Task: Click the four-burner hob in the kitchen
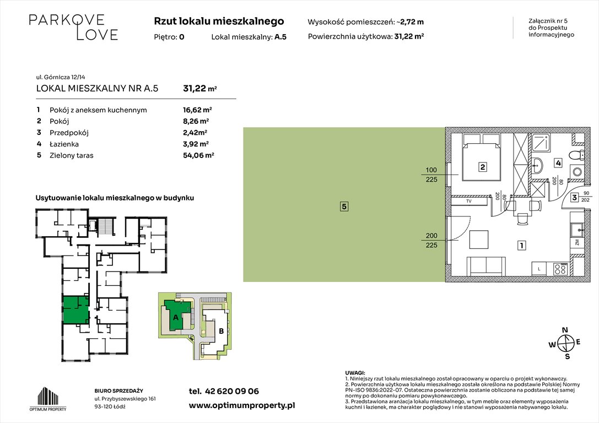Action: (560, 269)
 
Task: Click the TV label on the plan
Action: (468, 202)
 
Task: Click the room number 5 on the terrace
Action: (343, 207)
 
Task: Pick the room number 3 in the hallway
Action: (574, 197)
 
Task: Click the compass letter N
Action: (564, 330)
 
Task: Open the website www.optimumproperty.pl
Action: (242, 405)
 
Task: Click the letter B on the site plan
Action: (220, 332)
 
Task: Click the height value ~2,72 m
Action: (412, 22)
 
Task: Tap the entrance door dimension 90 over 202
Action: (586, 197)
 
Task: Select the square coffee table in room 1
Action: (479, 240)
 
